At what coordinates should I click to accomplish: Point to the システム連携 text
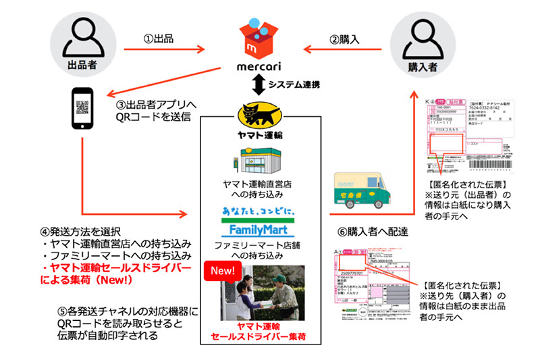(x=294, y=84)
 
